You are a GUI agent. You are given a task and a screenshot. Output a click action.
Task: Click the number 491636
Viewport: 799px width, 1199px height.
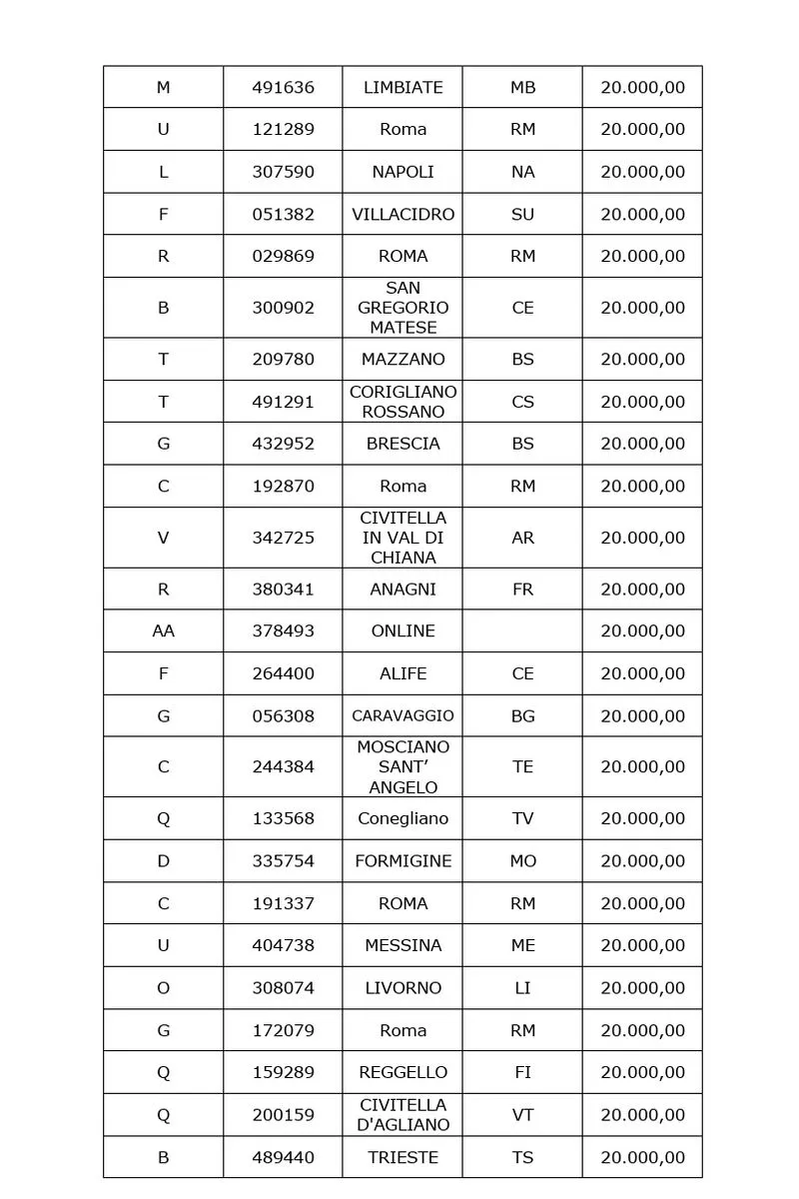(283, 87)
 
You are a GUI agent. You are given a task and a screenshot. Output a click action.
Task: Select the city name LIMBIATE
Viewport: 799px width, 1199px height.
(402, 87)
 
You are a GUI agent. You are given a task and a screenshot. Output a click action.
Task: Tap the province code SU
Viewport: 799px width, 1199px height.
(522, 214)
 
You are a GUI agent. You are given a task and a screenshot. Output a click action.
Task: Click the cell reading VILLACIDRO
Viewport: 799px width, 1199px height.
(402, 214)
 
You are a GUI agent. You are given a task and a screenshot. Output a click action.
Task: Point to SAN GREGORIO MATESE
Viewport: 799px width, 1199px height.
(402, 308)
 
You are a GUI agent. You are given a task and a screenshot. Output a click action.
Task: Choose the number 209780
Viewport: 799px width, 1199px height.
(283, 359)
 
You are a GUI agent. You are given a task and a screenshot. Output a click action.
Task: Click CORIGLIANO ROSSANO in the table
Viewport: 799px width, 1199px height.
(402, 402)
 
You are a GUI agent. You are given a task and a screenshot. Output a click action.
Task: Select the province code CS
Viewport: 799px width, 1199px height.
(522, 402)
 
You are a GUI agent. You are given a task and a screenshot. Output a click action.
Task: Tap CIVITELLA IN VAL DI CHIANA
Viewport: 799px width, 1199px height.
(402, 538)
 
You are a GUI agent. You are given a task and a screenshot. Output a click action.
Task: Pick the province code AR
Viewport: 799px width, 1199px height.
(522, 538)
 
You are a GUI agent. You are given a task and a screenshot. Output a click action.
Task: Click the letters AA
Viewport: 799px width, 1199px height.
(163, 630)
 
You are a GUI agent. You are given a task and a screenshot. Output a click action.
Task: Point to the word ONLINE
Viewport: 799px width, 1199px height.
(402, 630)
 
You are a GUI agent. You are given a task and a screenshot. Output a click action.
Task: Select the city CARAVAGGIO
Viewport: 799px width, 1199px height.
(402, 715)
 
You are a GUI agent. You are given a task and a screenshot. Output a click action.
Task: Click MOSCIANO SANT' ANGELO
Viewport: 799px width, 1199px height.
(402, 766)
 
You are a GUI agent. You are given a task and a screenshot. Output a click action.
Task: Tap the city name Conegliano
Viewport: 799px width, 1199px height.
(402, 818)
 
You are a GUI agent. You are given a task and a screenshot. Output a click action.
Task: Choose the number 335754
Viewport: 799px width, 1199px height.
(283, 860)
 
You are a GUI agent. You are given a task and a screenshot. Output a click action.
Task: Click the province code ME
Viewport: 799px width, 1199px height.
(522, 945)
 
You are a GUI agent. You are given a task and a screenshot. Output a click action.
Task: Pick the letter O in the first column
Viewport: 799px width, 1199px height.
(163, 987)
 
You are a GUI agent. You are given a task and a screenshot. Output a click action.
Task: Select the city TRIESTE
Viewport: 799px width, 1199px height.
(402, 1157)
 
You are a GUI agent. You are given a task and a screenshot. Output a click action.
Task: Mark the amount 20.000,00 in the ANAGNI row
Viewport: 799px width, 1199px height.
(642, 589)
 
